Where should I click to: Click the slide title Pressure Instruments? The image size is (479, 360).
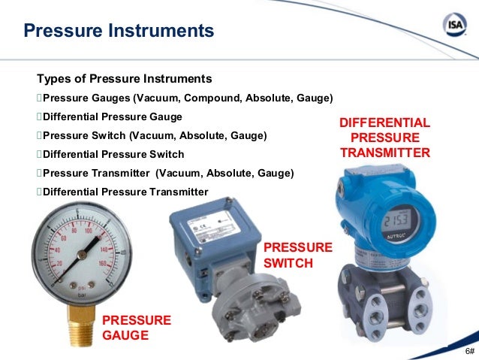(x=119, y=32)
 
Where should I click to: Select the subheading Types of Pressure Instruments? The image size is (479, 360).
(x=125, y=79)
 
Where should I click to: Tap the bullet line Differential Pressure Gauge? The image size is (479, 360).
(x=113, y=117)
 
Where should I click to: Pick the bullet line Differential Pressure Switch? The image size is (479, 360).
(x=113, y=154)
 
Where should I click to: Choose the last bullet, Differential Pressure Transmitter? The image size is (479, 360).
(x=125, y=192)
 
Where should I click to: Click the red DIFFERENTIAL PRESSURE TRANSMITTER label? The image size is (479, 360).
(x=384, y=138)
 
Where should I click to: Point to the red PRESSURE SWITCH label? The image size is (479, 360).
(x=297, y=256)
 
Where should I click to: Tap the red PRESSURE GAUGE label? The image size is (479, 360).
(x=137, y=327)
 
